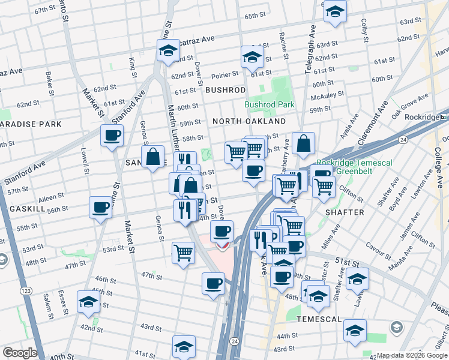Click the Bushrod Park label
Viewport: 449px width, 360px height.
(x=270, y=104)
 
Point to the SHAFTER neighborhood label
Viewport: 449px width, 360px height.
(x=345, y=212)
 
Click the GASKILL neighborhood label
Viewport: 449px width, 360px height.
(x=28, y=208)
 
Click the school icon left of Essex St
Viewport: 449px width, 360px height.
(x=89, y=302)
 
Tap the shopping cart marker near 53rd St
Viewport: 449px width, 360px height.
(x=184, y=252)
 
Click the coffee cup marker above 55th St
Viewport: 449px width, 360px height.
(x=100, y=208)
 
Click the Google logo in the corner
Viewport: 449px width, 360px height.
(x=20, y=352)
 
